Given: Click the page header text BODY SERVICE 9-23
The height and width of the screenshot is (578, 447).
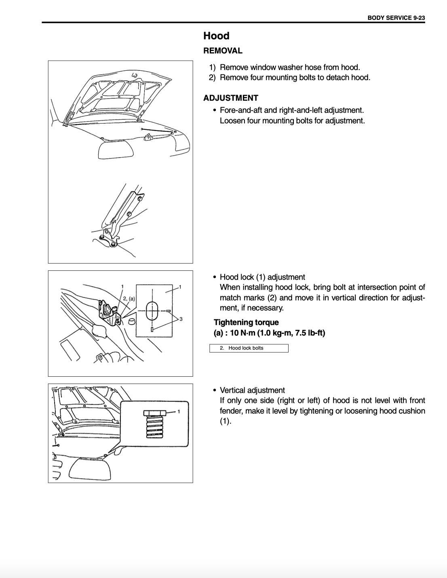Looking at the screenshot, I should point(396,18).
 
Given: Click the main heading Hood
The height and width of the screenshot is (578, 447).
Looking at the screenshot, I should point(216,36).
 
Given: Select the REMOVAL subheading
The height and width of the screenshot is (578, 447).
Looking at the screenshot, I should point(223,51).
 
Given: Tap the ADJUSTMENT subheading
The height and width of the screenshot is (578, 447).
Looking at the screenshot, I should point(230,98).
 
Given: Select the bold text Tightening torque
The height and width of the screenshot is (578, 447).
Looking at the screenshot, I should point(246,322).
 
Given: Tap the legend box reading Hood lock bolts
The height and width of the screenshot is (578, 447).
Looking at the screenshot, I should point(249,348).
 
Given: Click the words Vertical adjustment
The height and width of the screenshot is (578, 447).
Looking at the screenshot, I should point(252,390).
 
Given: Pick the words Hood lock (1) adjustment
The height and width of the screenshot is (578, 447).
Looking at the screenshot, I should point(262,277).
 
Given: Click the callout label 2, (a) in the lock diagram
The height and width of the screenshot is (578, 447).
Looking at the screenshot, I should point(129,299).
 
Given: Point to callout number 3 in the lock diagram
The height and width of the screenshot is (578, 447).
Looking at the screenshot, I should point(181,319).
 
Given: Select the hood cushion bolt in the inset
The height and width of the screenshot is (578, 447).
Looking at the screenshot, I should point(154,424).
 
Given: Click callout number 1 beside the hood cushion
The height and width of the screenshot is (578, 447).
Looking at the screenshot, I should point(179,411).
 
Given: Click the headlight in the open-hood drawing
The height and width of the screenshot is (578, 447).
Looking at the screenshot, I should point(116,150).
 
